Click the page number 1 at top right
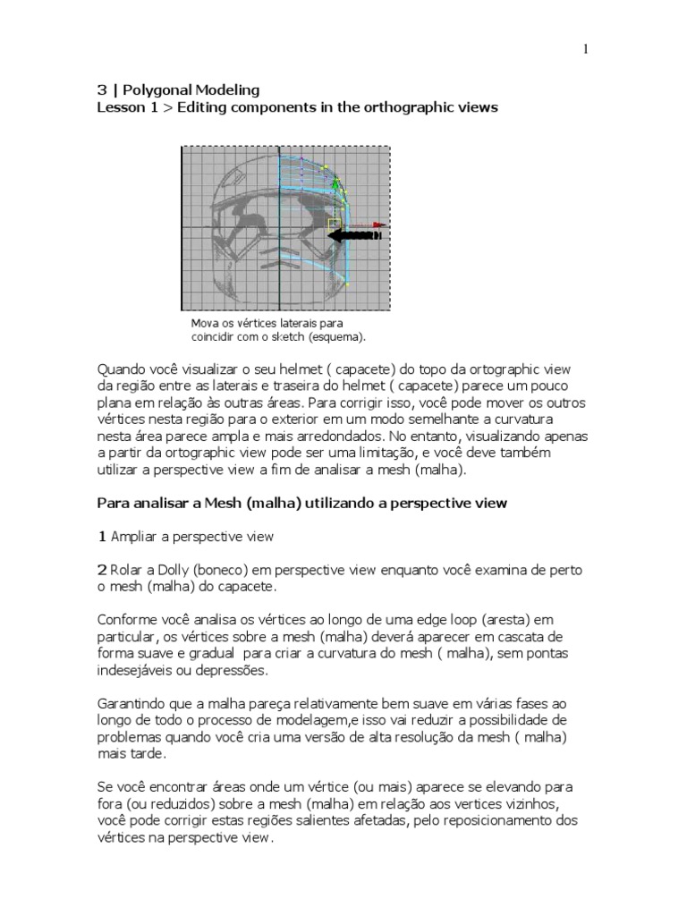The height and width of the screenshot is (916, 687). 586,50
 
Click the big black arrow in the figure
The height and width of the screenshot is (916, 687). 354,236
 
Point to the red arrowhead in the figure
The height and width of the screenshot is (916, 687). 381,225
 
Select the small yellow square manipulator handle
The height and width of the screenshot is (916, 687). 334,222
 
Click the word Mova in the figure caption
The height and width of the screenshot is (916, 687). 205,322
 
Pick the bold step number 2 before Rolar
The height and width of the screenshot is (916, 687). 102,570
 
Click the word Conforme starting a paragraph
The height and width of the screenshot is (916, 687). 128,621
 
